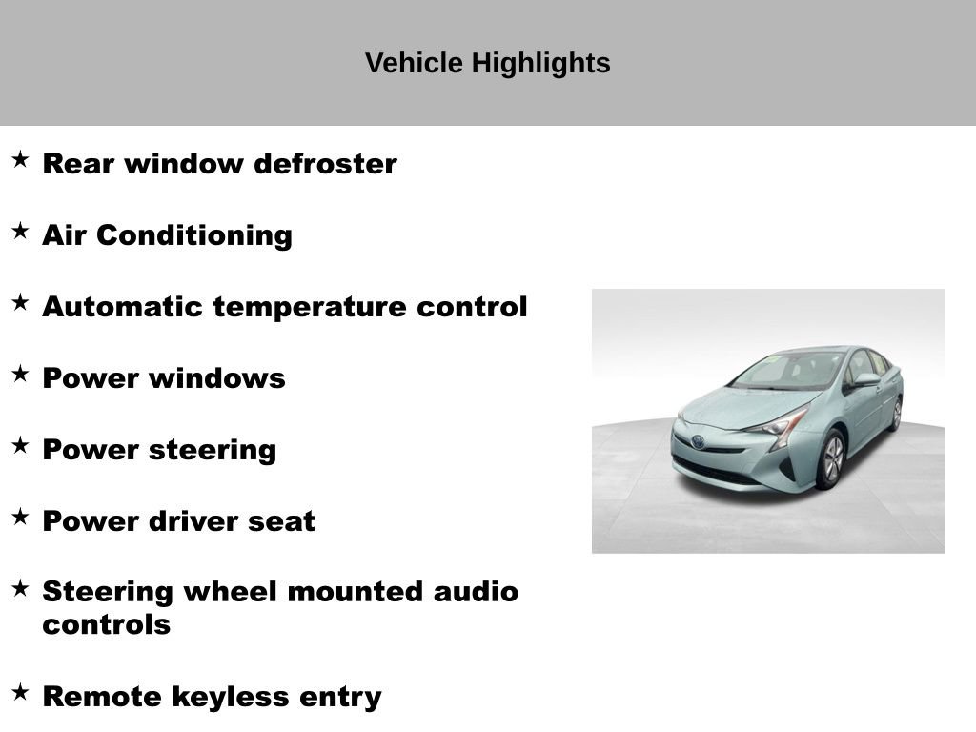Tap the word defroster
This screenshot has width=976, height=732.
tap(325, 164)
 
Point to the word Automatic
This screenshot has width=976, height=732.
tap(123, 307)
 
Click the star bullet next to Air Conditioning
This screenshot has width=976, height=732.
tap(20, 231)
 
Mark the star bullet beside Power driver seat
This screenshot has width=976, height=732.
tap(20, 517)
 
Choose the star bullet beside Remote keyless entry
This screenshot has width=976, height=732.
tap(20, 692)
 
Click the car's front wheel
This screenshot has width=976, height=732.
tap(831, 458)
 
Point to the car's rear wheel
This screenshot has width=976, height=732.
tap(896, 414)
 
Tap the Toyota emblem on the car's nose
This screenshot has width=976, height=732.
tap(699, 441)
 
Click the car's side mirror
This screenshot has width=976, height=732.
tap(865, 379)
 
